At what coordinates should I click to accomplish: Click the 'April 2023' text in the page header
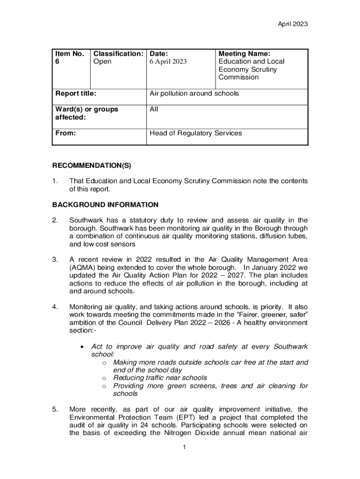(x=292, y=24)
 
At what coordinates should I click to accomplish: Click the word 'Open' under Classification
(x=103, y=62)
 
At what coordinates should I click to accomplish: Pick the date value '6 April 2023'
(x=168, y=62)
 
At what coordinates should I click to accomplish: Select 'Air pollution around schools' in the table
(x=194, y=94)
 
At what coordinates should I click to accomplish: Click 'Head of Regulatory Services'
(x=196, y=133)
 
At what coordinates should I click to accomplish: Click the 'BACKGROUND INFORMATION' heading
(x=105, y=204)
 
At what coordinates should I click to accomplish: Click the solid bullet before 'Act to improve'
(x=82, y=347)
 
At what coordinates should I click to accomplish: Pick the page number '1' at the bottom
(x=185, y=448)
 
